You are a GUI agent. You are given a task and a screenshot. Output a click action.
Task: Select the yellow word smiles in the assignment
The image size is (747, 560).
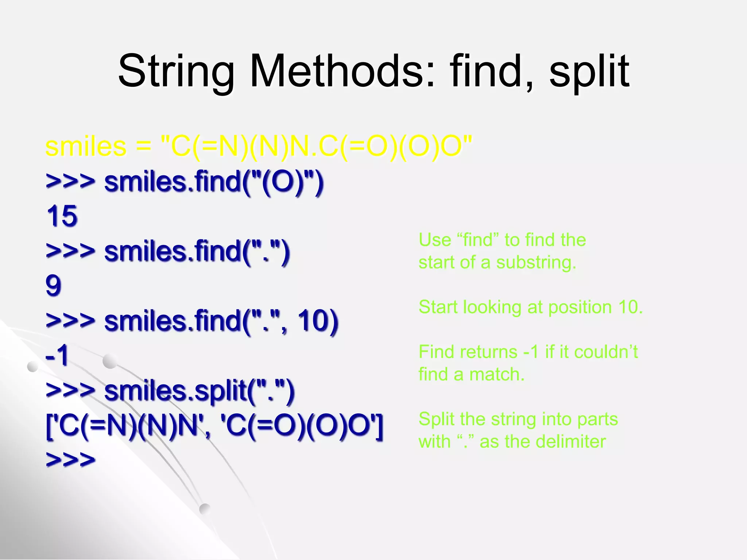[x=86, y=147]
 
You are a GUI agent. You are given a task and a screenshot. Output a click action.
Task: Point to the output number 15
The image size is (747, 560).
[x=62, y=216]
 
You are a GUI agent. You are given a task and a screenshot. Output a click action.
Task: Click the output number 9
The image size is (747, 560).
[x=53, y=285]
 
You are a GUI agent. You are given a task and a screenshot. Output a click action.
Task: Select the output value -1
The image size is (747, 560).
[x=57, y=355]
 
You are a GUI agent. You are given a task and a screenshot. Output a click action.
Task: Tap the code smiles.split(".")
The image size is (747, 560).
[x=199, y=390]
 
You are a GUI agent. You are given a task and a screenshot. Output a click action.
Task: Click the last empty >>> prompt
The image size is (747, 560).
[x=70, y=459]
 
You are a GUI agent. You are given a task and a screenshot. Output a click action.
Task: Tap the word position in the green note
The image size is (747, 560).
[x=580, y=307]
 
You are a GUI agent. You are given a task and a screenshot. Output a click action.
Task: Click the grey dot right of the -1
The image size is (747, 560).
[x=110, y=361]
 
